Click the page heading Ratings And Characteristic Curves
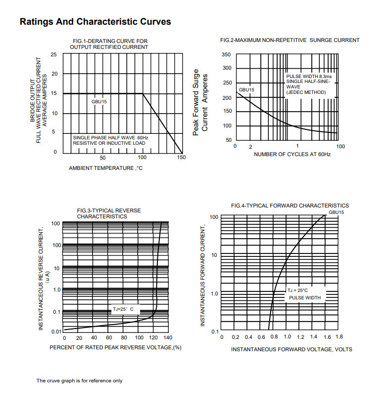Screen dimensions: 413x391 tap(95, 22)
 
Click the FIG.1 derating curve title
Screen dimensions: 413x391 tap(109, 44)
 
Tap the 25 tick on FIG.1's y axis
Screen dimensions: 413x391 tap(53, 54)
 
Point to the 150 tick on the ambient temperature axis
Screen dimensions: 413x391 tap(181, 158)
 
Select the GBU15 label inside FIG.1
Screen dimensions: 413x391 tap(99, 101)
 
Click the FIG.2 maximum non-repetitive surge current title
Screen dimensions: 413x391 tap(290, 40)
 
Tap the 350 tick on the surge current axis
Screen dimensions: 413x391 tap(226, 55)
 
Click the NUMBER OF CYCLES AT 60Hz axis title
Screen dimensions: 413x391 tap(292, 155)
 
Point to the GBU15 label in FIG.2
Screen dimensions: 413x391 tap(246, 90)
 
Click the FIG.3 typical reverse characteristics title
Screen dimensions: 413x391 tap(109, 213)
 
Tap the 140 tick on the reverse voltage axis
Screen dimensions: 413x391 tap(168, 338)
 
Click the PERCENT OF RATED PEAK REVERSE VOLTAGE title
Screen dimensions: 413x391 tap(115, 348)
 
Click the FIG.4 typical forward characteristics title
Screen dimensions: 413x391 tap(290, 206)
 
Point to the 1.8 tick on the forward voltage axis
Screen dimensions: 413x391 tap(339, 336)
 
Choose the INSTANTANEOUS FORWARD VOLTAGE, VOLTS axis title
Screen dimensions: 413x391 tap(292, 349)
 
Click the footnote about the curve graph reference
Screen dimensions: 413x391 tap(79, 381)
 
